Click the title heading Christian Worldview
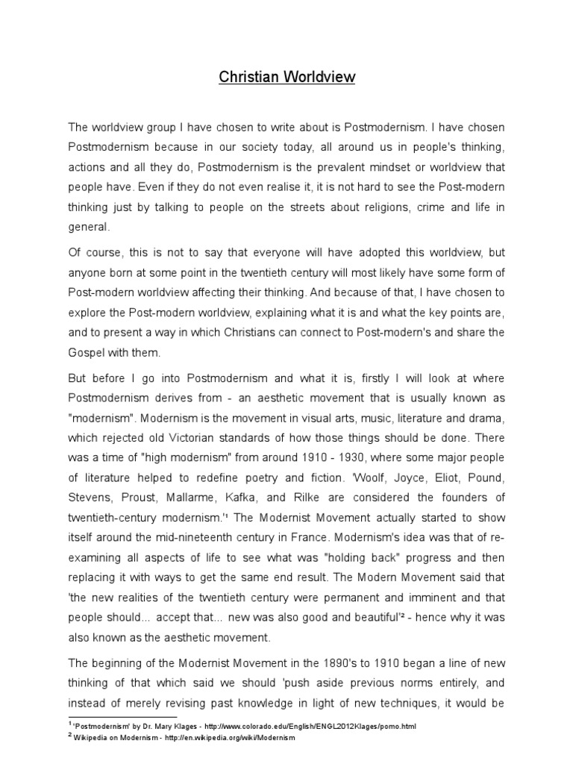click(287, 77)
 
